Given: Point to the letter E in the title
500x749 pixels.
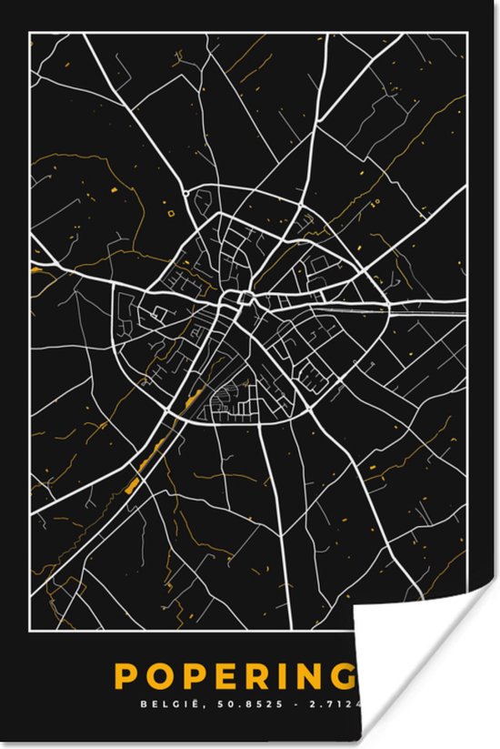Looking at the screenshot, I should point(230,677).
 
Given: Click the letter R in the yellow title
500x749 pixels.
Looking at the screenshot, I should point(264,677).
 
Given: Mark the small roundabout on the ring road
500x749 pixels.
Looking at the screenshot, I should point(185,193).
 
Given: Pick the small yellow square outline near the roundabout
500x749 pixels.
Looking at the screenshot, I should point(172,213).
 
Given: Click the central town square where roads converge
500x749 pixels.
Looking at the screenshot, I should point(244,298).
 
